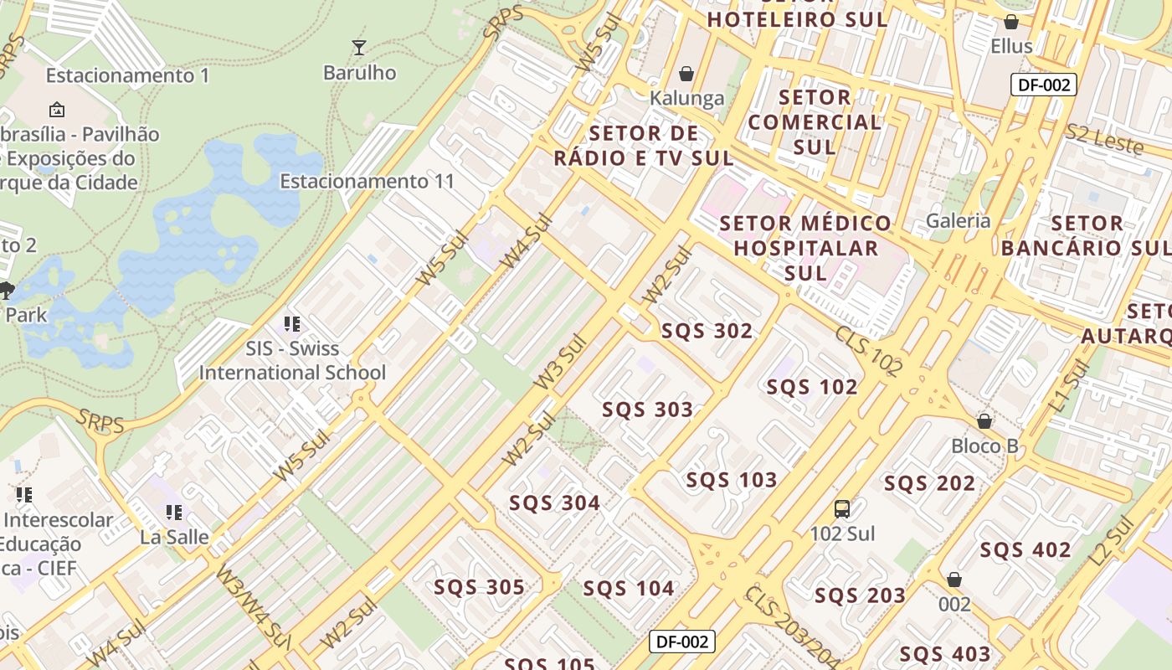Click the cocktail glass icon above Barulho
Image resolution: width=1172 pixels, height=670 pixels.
(x=359, y=47)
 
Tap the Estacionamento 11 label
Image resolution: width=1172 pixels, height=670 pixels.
(x=367, y=181)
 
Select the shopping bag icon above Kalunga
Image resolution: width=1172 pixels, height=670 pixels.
(x=686, y=74)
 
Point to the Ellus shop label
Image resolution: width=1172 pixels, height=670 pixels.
(x=1011, y=46)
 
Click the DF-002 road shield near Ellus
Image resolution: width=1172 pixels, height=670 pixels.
(x=1042, y=85)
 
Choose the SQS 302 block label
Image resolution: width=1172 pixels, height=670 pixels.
(x=707, y=331)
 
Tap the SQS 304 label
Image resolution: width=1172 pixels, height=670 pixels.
(x=554, y=503)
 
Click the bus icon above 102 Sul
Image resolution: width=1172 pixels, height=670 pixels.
(x=842, y=508)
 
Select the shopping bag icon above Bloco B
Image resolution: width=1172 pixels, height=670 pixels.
(x=984, y=420)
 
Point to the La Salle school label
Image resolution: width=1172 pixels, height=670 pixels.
(x=174, y=537)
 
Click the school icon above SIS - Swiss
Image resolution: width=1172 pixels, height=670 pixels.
(x=291, y=323)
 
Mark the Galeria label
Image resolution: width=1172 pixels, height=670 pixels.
(x=958, y=221)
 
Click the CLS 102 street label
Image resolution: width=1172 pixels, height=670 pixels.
(x=868, y=350)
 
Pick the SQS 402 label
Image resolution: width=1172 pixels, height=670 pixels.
(x=1025, y=550)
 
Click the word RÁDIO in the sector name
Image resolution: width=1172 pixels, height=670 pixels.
(x=589, y=157)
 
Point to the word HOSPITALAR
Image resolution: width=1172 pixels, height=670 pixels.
(x=806, y=248)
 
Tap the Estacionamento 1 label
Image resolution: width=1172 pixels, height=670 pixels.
(x=127, y=75)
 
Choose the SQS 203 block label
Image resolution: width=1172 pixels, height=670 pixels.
(x=860, y=595)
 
